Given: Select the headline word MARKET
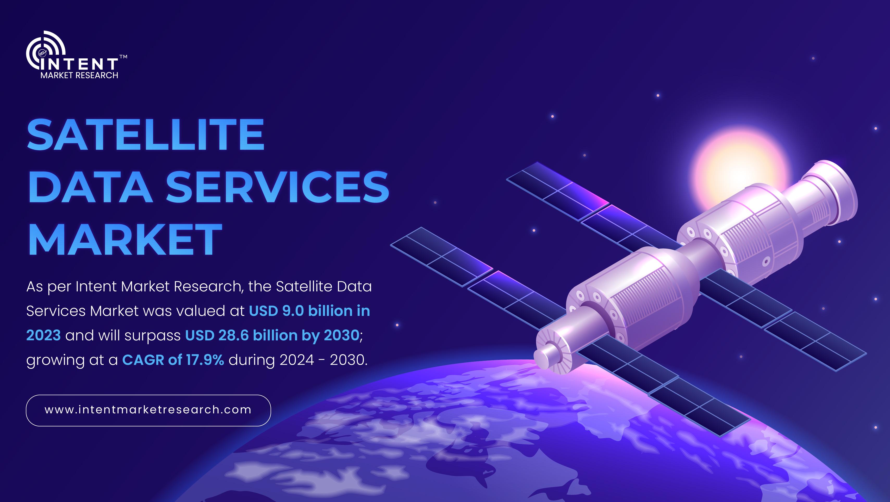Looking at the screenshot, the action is tap(125, 239).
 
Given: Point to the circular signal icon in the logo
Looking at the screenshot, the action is tap(45, 50).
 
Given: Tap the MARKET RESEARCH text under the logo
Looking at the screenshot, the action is tap(79, 75).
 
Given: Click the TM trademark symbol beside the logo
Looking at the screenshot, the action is tap(123, 57).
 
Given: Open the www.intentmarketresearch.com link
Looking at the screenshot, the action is tap(148, 410).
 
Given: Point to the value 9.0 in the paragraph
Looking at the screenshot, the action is tap(293, 311).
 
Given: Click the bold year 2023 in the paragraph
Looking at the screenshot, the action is tap(43, 335).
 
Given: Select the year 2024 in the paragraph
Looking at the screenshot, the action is tap(297, 360).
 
